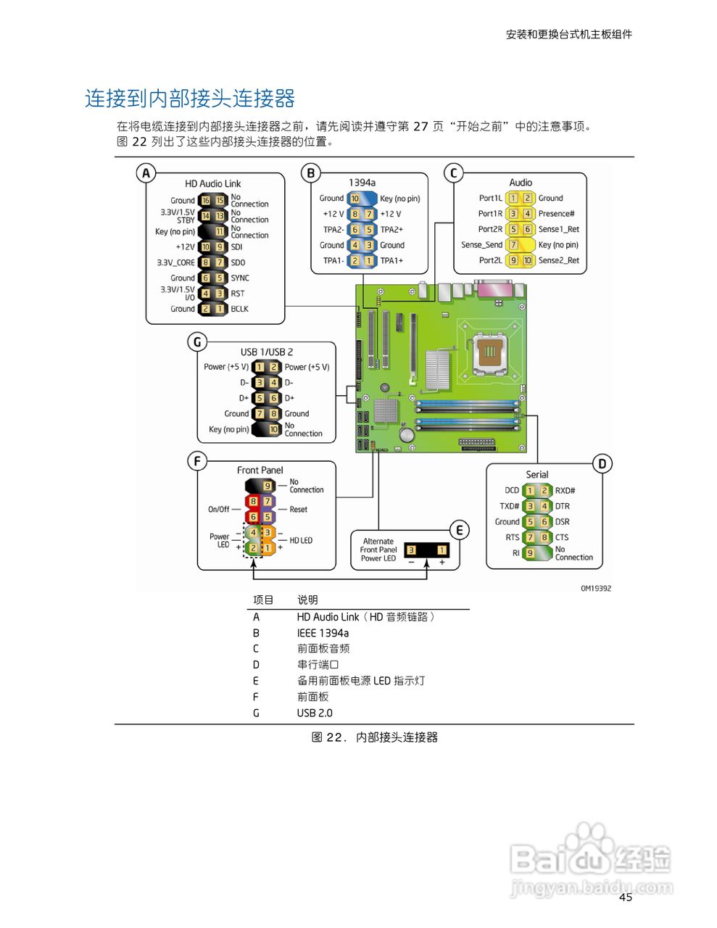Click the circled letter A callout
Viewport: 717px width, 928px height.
coord(146,173)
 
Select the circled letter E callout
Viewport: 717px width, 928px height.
coord(459,530)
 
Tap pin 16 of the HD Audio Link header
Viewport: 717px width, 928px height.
coord(205,201)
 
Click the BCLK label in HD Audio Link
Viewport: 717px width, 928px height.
coord(239,309)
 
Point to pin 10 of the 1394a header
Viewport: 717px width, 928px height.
coord(355,199)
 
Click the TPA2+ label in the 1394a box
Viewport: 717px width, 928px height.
coord(391,230)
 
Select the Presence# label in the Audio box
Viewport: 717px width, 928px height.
coord(556,214)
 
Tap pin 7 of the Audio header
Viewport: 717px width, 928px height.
coord(513,245)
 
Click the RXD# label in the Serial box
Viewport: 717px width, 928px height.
coord(565,491)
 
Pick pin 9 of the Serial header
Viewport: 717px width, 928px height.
coord(530,553)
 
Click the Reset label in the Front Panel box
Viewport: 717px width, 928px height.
coord(299,510)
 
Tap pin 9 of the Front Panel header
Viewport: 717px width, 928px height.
coord(268,486)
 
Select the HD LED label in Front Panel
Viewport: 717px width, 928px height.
coord(301,541)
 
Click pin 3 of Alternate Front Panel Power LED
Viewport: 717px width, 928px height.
coord(411,550)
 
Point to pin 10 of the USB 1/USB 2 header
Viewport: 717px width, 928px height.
coord(274,429)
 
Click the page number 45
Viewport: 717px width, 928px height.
coord(625,898)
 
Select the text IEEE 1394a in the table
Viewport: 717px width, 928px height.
coord(323,633)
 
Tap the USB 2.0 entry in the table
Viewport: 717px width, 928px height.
coord(315,713)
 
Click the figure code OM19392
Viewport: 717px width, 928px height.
coord(595,589)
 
